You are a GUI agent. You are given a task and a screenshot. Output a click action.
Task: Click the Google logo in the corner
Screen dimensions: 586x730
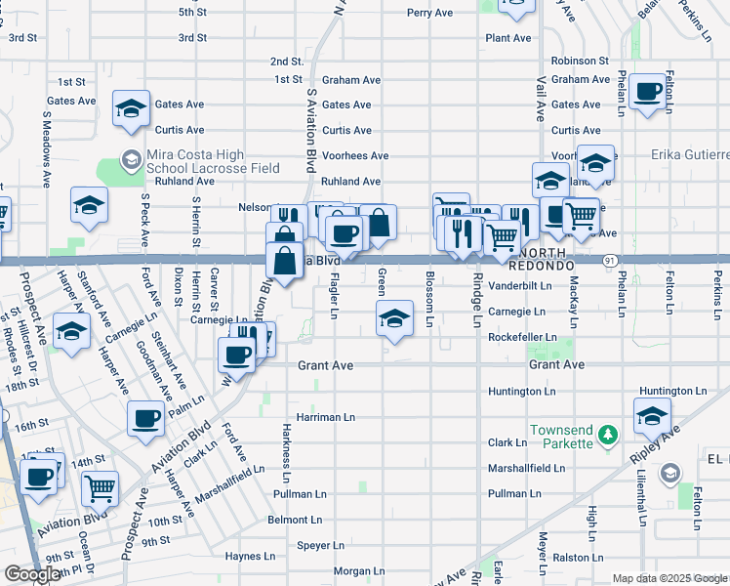(x=32, y=574)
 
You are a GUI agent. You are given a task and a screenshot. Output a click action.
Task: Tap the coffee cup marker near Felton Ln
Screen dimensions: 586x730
(x=645, y=93)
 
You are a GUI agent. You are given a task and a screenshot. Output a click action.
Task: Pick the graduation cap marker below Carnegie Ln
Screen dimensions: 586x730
(x=394, y=318)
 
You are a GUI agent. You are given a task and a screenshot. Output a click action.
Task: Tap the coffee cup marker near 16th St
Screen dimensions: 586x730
(x=145, y=418)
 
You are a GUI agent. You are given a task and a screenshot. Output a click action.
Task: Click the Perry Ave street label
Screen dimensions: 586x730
(x=430, y=13)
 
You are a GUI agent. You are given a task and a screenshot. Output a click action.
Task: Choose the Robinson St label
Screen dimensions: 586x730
(x=579, y=61)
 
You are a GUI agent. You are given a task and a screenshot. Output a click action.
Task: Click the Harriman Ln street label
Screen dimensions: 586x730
(x=326, y=417)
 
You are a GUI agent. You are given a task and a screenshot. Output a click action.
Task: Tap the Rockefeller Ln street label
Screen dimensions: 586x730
(x=522, y=338)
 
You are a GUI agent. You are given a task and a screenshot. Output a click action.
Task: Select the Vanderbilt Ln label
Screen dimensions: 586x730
(x=519, y=286)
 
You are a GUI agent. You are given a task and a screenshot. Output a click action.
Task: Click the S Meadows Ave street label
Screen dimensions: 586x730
(x=46, y=147)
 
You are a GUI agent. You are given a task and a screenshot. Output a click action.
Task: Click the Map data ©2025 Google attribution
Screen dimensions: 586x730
(x=669, y=578)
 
